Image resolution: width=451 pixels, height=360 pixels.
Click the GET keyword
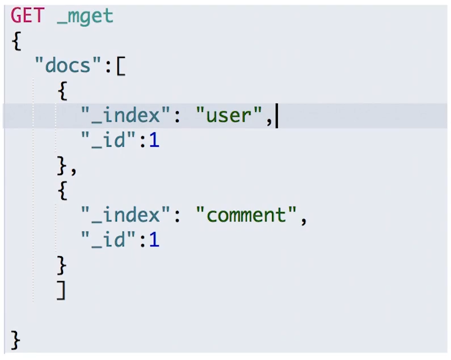pyautogui.click(x=27, y=16)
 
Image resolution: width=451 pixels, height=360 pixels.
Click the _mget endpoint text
pyautogui.click(x=85, y=17)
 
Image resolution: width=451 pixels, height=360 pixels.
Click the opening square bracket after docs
pyautogui.click(x=120, y=66)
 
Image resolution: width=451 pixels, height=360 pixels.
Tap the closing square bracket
pyautogui.click(x=61, y=290)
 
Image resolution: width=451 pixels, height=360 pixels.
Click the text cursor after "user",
pyautogui.click(x=277, y=116)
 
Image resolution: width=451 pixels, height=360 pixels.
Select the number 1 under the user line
pyautogui.click(x=154, y=141)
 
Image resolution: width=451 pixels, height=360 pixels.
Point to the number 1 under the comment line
pyautogui.click(x=154, y=240)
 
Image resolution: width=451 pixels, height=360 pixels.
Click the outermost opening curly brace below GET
pyautogui.click(x=15, y=41)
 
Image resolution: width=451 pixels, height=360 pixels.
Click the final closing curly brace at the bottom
pyautogui.click(x=15, y=341)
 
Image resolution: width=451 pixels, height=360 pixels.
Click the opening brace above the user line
pyautogui.click(x=62, y=91)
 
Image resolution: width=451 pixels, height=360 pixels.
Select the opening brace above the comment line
pyautogui.click(x=62, y=191)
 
